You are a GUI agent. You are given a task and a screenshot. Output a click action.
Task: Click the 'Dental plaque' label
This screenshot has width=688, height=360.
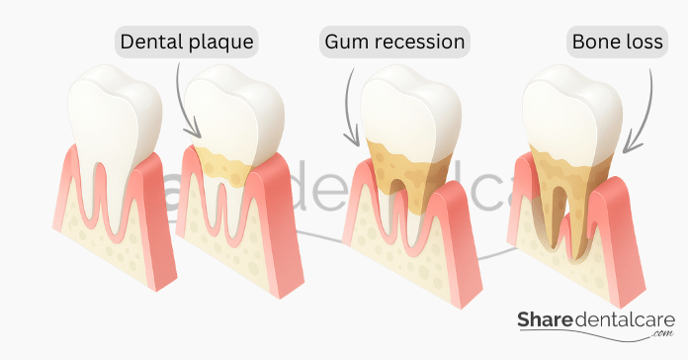pyautogui.click(x=187, y=42)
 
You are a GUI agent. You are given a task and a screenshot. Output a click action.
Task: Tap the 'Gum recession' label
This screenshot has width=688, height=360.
pyautogui.click(x=394, y=42)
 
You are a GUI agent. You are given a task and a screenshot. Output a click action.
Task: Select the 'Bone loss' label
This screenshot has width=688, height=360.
pyautogui.click(x=618, y=42)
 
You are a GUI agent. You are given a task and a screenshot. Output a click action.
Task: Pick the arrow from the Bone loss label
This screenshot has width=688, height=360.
pyautogui.click(x=645, y=114)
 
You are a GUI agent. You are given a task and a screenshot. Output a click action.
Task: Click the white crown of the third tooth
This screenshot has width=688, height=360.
pyautogui.click(x=410, y=110)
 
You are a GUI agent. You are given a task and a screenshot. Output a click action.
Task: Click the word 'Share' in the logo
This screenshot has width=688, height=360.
pyautogui.click(x=546, y=320)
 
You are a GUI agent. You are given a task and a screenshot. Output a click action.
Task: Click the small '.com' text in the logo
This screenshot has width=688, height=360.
pyautogui.click(x=662, y=333)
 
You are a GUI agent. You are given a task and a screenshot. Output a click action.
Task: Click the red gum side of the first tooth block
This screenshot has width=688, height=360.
pyautogui.click(x=153, y=220)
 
